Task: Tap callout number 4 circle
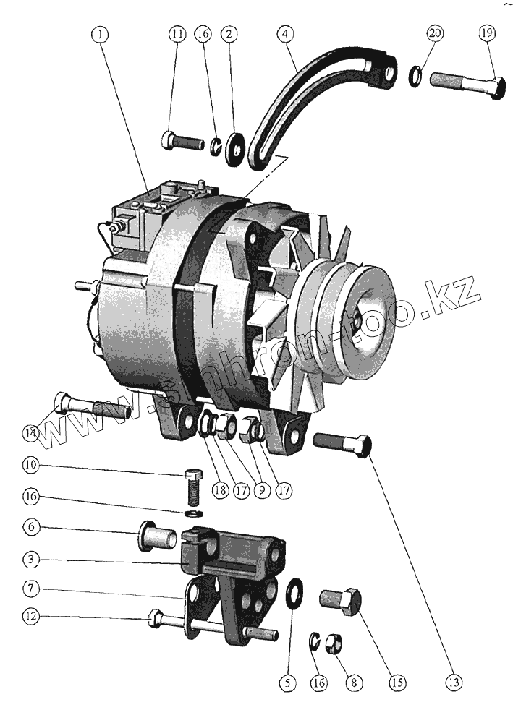point(287,34)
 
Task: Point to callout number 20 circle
point(435,34)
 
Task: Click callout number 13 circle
point(454,682)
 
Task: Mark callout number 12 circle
point(30,617)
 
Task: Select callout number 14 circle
point(30,434)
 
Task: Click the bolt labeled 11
point(183,140)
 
